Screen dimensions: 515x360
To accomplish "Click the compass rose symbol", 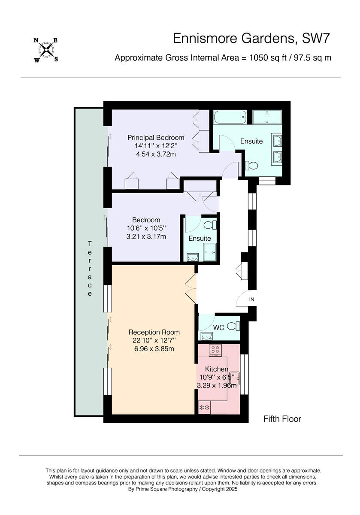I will pos(46,50).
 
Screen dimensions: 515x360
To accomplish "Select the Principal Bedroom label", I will pos(156,137).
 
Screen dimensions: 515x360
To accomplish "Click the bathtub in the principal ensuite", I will pos(230,116).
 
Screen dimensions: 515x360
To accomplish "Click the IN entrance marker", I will pos(251,300).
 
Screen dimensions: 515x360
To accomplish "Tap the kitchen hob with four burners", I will pos(215,350).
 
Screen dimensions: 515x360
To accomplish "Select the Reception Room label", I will pos(154,332).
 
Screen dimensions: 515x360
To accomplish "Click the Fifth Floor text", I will pos(282,419).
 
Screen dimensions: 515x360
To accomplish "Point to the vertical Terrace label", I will pos(90,269).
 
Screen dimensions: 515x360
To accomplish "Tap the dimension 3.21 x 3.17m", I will pos(146,236).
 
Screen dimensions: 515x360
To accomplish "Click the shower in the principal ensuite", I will pos(267,116).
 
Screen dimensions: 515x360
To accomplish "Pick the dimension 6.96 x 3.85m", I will pos(154,348).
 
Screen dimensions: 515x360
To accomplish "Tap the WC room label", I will pos(219,327).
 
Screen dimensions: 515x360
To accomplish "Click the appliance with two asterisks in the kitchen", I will pos(204,407).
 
